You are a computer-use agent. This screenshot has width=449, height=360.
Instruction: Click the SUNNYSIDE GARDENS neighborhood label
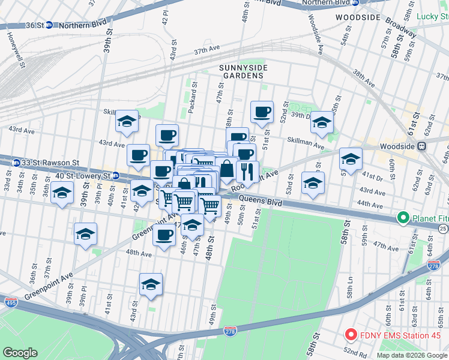(x=242, y=71)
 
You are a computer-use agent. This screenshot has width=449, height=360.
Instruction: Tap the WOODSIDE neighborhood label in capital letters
(x=358, y=18)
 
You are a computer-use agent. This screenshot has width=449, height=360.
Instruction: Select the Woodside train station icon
(x=422, y=146)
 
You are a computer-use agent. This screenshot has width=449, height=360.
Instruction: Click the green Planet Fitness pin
(x=403, y=218)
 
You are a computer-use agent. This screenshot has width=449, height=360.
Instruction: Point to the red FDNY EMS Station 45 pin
(x=350, y=334)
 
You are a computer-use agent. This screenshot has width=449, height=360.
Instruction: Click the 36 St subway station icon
(x=50, y=25)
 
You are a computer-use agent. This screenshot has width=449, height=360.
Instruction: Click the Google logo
(x=20, y=352)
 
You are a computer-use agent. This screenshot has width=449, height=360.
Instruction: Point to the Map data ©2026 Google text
(x=411, y=355)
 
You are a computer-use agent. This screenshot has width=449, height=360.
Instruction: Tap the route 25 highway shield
(x=443, y=229)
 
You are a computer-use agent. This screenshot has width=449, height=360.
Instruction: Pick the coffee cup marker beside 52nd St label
(x=262, y=112)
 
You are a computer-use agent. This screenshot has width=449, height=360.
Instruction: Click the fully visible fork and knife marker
(x=247, y=172)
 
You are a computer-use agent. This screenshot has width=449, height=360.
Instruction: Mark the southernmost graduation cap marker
(x=151, y=284)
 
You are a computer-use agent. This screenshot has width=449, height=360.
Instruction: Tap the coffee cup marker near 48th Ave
(x=163, y=235)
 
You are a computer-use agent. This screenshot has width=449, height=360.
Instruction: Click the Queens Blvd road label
(x=259, y=202)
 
